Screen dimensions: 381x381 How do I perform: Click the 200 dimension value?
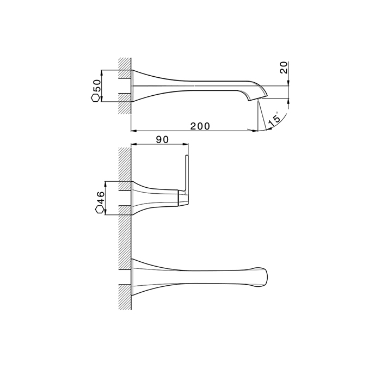[x=200, y=126]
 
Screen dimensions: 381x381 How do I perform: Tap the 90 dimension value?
[x=162, y=140]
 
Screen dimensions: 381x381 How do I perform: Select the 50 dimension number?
[x=97, y=85]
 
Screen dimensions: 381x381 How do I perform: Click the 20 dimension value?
[x=284, y=67]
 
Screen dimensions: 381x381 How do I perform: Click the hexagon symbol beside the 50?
[x=95, y=98]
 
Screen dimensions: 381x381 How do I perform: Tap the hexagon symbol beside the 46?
[x=100, y=210]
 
